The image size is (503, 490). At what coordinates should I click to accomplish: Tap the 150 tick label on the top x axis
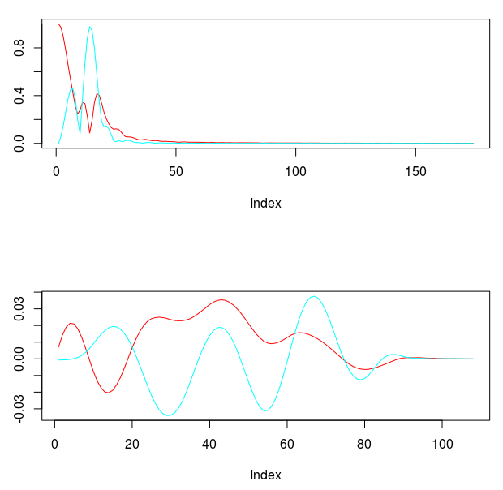point(415,171)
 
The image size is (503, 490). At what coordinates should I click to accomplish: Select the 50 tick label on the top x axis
point(176,171)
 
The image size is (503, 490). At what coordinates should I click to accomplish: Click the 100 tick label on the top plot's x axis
point(296,171)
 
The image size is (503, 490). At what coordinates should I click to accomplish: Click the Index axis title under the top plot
point(265,204)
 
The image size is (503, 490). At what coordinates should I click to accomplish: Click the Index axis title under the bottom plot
point(265,475)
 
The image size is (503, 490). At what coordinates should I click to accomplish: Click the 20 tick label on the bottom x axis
point(131,442)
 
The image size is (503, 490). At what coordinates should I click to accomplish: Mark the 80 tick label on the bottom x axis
point(364,442)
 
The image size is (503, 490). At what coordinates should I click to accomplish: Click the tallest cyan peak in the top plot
point(90,27)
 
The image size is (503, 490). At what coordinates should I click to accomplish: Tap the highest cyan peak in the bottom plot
point(314,297)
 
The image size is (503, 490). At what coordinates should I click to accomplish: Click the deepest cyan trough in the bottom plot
point(169,415)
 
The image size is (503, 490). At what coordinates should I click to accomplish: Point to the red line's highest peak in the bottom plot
point(221,300)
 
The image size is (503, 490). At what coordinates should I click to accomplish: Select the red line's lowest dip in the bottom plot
point(107,393)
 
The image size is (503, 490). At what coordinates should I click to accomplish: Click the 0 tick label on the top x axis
point(56,171)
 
